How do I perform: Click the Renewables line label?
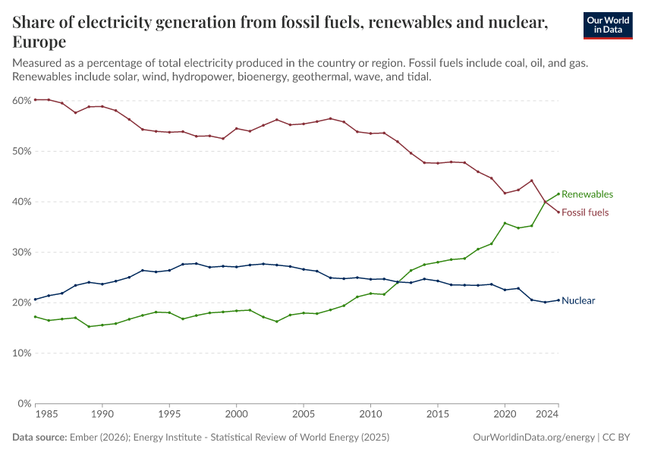point(587,194)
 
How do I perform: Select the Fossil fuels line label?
point(584,212)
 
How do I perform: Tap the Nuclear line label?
point(578,300)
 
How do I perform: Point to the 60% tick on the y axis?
point(21,100)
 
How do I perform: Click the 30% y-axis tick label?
point(21,252)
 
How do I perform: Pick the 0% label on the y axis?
point(24,403)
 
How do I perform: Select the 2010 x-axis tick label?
point(370,416)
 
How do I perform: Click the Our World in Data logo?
point(607,25)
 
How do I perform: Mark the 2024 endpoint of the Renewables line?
point(558,193)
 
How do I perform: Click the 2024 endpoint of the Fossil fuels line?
point(558,212)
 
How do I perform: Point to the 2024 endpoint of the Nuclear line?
point(558,300)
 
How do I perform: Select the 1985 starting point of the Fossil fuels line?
point(36,99)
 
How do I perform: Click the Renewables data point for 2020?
point(505,223)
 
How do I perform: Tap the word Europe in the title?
point(39,42)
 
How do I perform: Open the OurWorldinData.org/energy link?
point(533,438)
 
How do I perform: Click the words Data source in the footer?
point(39,438)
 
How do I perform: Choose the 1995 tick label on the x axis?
point(169,416)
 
